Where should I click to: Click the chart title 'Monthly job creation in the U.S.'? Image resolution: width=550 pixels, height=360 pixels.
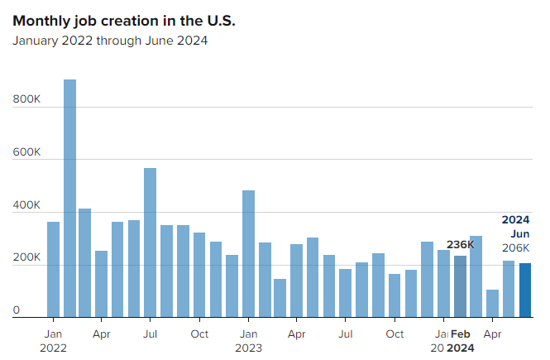tap(124, 21)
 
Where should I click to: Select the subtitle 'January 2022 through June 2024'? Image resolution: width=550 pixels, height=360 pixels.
tap(110, 41)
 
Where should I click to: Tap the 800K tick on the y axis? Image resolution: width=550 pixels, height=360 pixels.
tap(26, 99)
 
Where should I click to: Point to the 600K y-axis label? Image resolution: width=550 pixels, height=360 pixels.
tap(26, 152)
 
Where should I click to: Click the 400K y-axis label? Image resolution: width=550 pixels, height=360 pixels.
tap(26, 205)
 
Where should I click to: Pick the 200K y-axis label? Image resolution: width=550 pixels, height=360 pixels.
tap(26, 258)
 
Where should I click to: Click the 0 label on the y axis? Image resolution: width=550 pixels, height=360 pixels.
tap(16, 310)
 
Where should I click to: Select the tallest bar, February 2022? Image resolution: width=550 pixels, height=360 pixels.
tap(69, 199)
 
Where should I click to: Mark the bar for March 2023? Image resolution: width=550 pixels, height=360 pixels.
tap(280, 298)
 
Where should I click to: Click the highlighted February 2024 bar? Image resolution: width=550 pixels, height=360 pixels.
tap(460, 286)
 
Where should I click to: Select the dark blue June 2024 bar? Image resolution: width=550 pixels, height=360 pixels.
tap(525, 290)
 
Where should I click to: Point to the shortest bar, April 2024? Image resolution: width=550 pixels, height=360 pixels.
tap(493, 304)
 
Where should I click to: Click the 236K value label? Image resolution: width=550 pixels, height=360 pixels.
tap(460, 245)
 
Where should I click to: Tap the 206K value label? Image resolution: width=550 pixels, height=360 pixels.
tap(516, 248)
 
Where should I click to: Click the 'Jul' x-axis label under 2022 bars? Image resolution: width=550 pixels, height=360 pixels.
tap(150, 334)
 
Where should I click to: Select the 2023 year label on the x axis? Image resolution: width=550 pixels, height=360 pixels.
tap(248, 348)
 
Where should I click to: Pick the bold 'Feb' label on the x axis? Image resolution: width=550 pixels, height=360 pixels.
tap(462, 334)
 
